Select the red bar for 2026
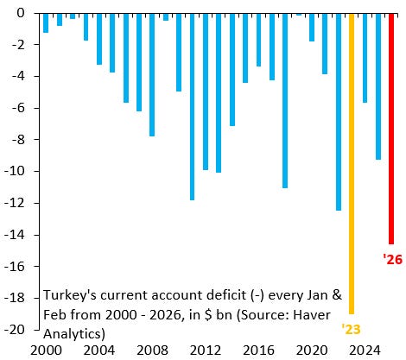pos(391,129)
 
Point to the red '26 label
pos(392,257)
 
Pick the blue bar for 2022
pos(339,112)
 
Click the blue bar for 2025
pos(378,86)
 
